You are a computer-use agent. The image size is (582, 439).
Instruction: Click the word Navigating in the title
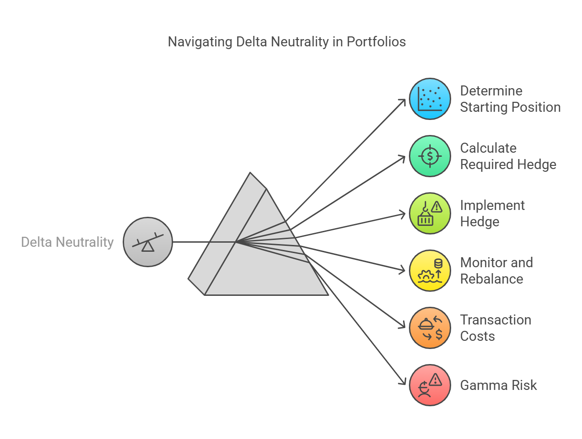point(200,42)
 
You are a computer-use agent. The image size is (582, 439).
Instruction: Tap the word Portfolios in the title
point(376,42)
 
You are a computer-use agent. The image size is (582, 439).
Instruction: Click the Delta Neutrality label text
point(67,242)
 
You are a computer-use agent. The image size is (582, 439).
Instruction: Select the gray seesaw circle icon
point(148,242)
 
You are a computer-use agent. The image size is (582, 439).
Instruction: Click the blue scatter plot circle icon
point(430,99)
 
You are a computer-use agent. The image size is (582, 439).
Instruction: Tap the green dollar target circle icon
point(430,156)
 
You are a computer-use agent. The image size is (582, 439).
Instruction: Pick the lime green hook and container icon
point(430,214)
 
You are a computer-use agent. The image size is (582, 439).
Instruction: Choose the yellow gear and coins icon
point(430,271)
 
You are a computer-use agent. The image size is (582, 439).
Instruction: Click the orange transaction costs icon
point(430,328)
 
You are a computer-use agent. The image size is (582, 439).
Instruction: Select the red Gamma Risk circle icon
point(430,385)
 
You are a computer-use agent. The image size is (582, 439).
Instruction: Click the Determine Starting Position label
point(510,99)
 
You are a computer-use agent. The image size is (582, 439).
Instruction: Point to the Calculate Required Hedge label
point(508,156)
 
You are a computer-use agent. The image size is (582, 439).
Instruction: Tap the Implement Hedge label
point(492,214)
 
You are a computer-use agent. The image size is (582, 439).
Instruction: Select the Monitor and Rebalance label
point(496,271)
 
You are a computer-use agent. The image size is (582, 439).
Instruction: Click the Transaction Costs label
point(496,328)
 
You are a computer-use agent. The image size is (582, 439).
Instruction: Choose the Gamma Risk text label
point(498,385)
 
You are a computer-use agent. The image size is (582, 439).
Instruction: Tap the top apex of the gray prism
point(250,173)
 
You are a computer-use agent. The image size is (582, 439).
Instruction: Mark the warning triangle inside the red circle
point(435,380)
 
